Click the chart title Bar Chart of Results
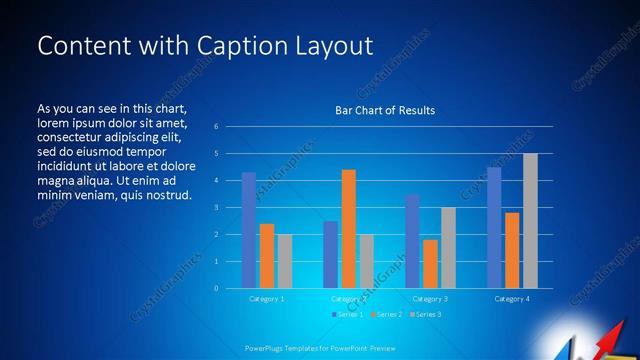(x=385, y=110)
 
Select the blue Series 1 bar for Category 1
(x=249, y=230)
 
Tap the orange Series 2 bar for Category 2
(x=348, y=229)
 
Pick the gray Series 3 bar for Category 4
(x=530, y=221)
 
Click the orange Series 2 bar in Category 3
(x=430, y=264)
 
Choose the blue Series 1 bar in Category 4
(x=494, y=228)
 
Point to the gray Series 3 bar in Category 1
(x=285, y=261)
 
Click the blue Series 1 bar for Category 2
(x=330, y=254)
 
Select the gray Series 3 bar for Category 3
(x=448, y=248)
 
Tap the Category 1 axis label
(x=267, y=299)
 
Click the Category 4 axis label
(x=512, y=299)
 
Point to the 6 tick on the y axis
(x=217, y=127)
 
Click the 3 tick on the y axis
(x=217, y=208)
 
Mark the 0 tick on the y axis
(x=217, y=288)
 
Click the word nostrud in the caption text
(x=167, y=194)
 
